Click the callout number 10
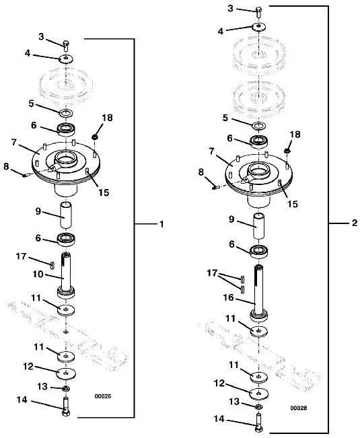[x=38, y=275]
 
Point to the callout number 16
[x=229, y=297]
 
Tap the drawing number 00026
[x=103, y=396]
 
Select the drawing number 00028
[x=299, y=408]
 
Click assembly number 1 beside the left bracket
[x=161, y=224]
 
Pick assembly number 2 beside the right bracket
[x=355, y=223]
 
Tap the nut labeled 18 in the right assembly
[x=287, y=151]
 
